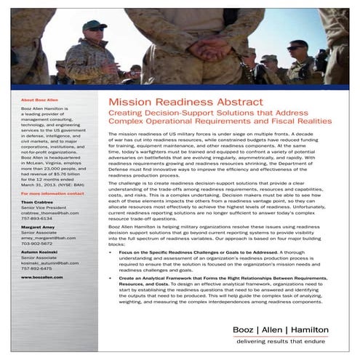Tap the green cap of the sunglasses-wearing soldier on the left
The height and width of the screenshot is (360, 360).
tap(94, 25)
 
